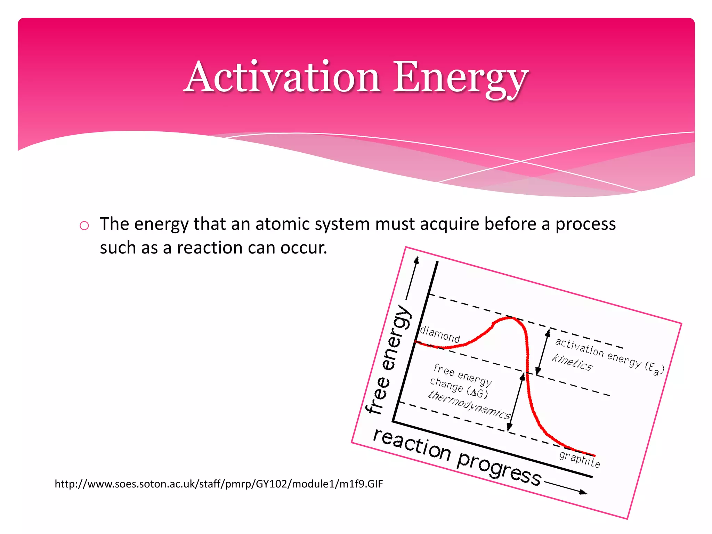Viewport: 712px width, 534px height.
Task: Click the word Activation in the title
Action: (282, 77)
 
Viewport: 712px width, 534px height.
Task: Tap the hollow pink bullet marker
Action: (84, 226)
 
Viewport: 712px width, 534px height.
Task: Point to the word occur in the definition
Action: (303, 248)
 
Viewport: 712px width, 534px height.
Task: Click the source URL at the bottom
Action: (219, 484)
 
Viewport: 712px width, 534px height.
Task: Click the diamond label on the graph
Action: (440, 334)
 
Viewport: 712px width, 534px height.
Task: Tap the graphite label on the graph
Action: (580, 459)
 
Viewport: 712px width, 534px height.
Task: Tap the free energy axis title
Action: (389, 360)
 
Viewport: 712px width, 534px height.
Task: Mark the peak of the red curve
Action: (509, 318)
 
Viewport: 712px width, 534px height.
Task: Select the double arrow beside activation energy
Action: (543, 352)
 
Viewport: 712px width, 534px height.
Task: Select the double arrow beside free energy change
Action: (516, 402)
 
